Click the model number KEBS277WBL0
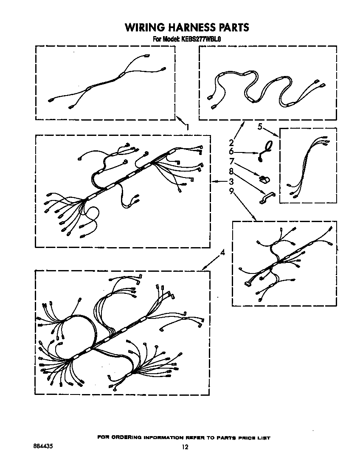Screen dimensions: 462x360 [202, 39]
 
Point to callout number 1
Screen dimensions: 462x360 [187, 126]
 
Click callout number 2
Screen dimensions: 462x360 [231, 143]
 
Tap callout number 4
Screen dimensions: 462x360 [222, 253]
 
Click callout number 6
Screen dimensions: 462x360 [231, 152]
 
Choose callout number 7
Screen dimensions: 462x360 [231, 161]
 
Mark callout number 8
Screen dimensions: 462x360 [231, 171]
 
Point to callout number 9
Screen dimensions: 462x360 [231, 192]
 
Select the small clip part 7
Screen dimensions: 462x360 [264, 179]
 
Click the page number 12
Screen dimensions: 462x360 [185, 447]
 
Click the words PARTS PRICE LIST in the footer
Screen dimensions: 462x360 [243, 437]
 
